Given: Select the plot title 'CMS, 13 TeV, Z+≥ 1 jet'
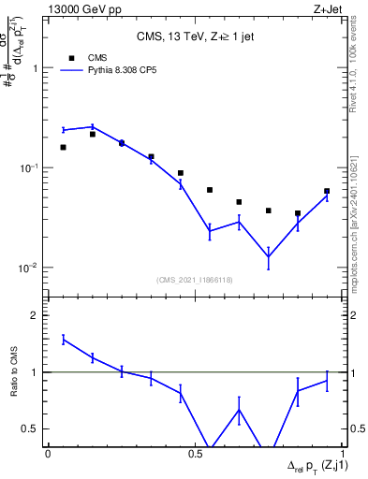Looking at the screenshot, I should [197, 36].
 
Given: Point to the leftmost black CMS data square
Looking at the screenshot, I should [63, 147].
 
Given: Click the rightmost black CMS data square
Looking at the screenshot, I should [327, 191].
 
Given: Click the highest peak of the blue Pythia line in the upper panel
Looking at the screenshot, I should [92, 126].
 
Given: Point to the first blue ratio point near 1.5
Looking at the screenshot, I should [63, 340].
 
